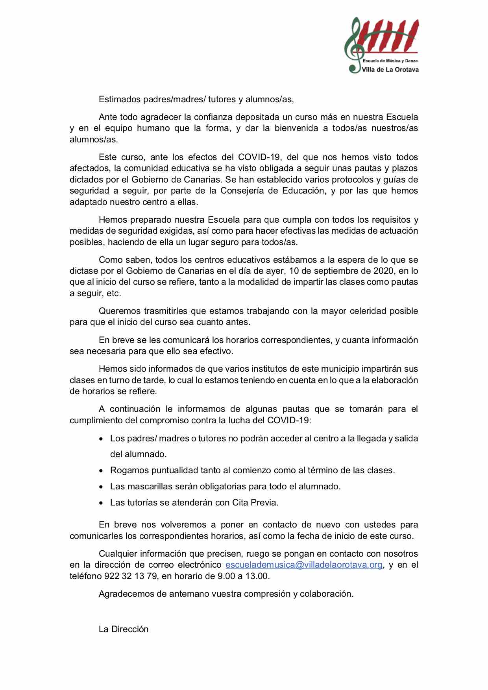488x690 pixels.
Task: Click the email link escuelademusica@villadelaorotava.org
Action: [x=304, y=565]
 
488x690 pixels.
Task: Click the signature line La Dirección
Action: [x=124, y=629]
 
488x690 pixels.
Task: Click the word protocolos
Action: [x=333, y=179]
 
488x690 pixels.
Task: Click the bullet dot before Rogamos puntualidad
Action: [x=102, y=470]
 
